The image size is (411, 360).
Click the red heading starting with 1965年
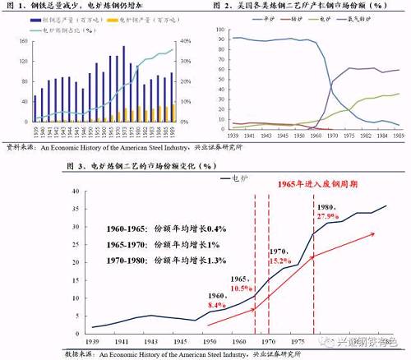(x=316, y=185)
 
